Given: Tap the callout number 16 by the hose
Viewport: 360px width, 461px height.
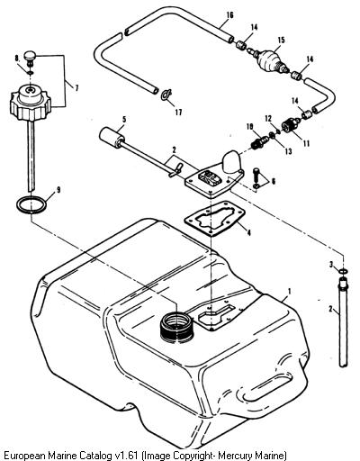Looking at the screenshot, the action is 229,14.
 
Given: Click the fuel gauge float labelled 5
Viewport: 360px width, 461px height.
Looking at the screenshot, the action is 110,138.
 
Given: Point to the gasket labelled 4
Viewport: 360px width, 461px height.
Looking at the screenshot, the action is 215,219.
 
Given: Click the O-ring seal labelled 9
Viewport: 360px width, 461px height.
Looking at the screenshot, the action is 31,204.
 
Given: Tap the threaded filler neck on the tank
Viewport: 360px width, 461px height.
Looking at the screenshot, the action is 176,327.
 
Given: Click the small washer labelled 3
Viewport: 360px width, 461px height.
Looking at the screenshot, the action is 343,271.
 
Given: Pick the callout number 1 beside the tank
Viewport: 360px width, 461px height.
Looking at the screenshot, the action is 290,292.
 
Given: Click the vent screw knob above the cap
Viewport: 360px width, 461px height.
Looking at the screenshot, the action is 30,57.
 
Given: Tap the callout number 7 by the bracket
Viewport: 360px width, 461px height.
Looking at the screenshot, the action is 76,88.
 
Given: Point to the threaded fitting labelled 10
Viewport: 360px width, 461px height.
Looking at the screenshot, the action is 259,142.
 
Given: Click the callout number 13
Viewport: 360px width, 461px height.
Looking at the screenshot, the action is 288,151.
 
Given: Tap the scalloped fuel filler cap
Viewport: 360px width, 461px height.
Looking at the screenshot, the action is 30,104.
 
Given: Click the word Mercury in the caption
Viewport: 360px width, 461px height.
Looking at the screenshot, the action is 230,455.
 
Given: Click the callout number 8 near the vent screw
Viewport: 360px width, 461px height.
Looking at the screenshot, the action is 17,59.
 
